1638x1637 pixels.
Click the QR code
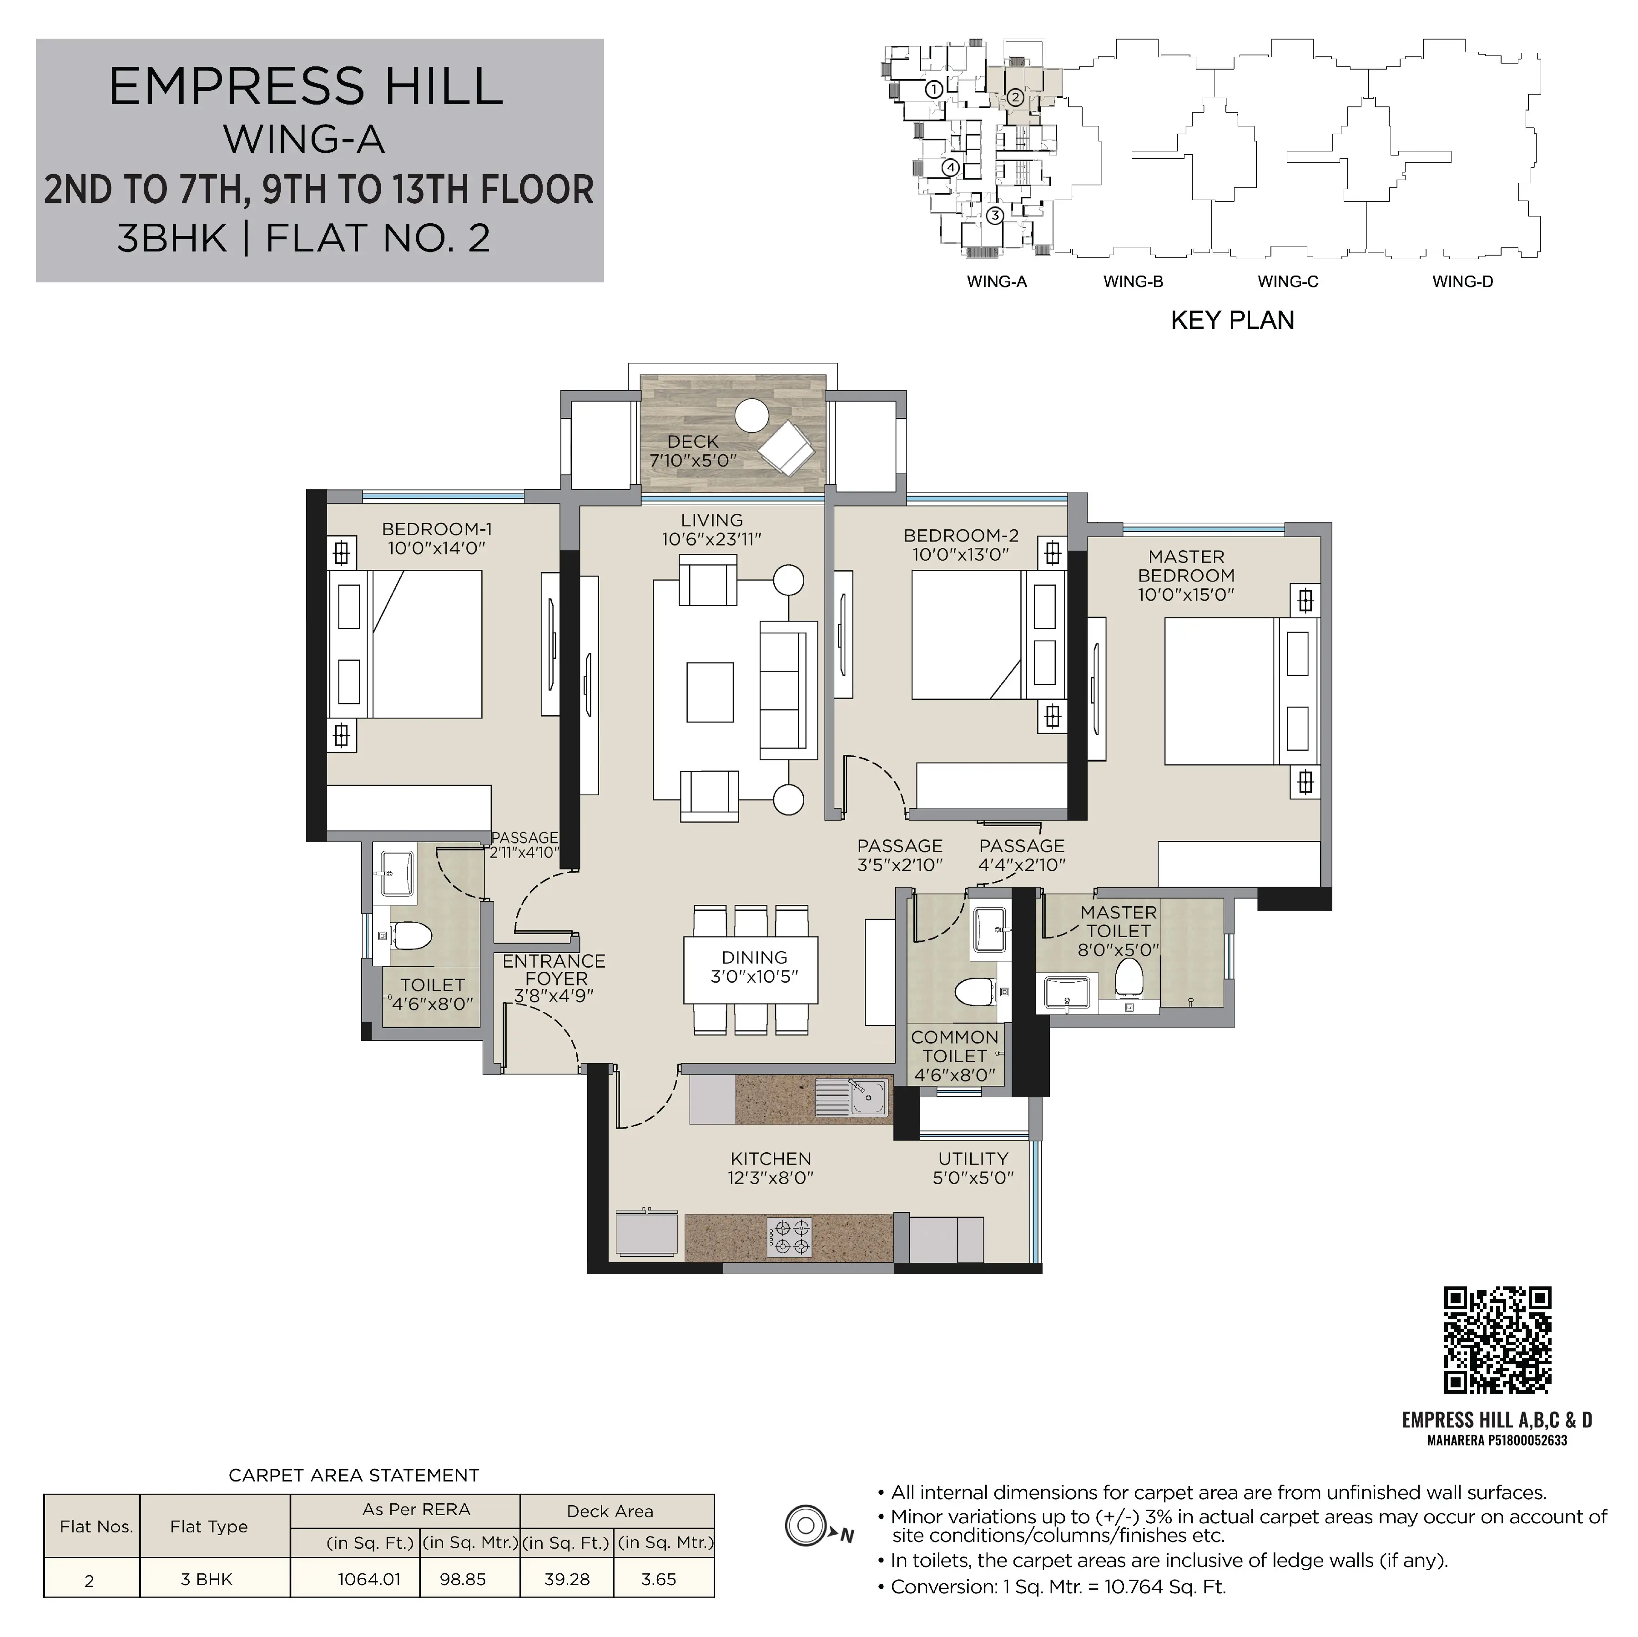click(x=1497, y=1340)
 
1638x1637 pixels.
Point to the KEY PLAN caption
click(x=1232, y=321)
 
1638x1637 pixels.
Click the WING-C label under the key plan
click(x=1288, y=281)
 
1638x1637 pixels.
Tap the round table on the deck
click(x=751, y=416)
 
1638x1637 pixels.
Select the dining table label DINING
click(x=755, y=957)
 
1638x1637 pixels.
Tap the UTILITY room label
click(x=973, y=1159)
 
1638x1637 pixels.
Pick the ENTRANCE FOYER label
click(x=554, y=970)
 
